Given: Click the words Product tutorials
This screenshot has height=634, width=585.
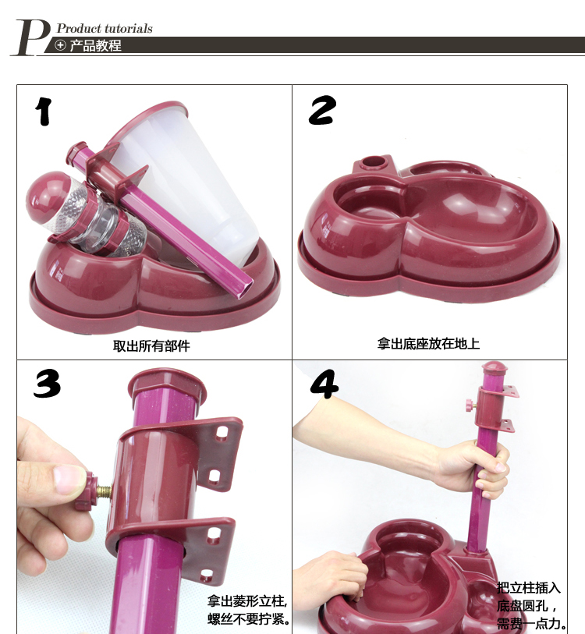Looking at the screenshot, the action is click(x=105, y=28).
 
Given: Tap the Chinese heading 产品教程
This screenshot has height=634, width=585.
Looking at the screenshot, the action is click(x=96, y=45).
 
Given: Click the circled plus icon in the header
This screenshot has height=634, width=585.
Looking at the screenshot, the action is click(x=60, y=45).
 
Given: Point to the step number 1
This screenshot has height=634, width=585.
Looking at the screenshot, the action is click(x=44, y=112).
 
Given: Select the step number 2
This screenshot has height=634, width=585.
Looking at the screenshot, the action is click(x=322, y=110).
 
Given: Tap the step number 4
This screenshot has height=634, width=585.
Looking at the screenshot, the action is click(x=324, y=384).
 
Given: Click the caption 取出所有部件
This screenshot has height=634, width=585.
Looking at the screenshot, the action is click(x=151, y=345).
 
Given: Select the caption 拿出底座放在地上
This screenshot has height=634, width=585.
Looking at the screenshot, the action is click(x=428, y=344).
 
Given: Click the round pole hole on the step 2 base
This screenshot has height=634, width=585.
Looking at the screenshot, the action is click(x=373, y=162).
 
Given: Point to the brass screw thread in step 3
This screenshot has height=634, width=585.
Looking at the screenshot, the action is click(x=104, y=491).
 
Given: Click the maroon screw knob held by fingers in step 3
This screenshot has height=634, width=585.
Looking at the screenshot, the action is click(x=86, y=491).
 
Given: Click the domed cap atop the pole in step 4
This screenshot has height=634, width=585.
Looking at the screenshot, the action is click(x=492, y=367).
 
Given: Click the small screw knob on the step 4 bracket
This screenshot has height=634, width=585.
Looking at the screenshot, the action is click(x=470, y=403).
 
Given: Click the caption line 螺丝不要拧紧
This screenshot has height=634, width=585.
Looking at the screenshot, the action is click(x=249, y=619).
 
